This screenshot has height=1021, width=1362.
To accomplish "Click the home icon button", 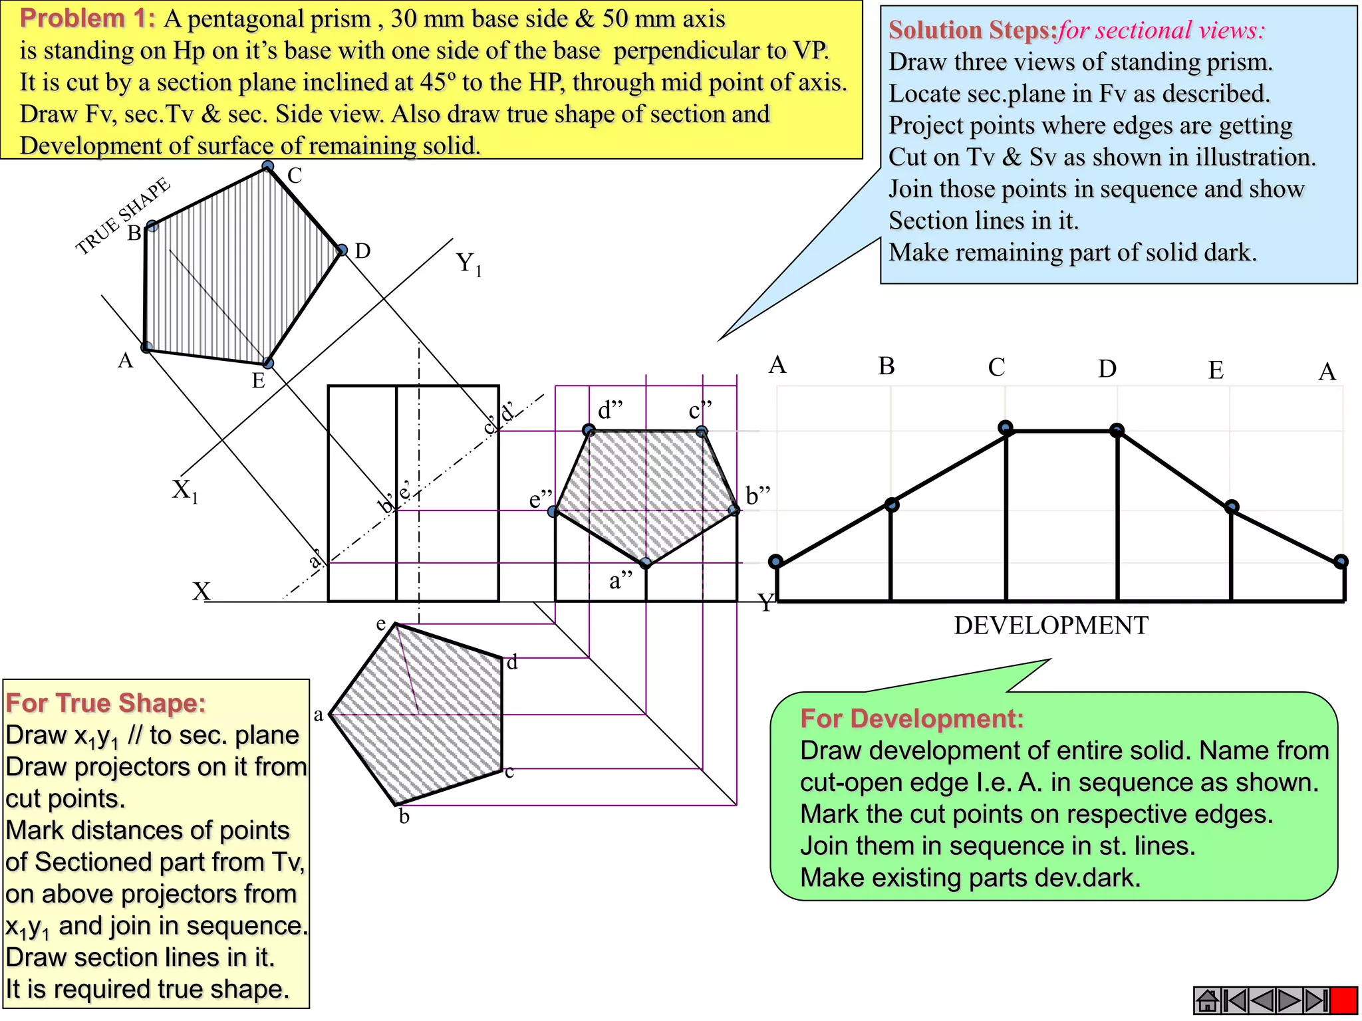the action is tap(1207, 1000).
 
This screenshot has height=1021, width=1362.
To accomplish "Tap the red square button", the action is tap(1344, 1000).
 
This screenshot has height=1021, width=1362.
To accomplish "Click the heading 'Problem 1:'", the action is tap(87, 19).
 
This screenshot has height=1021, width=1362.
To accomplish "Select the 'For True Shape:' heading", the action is tap(106, 703).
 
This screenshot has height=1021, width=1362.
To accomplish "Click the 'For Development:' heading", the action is tap(912, 719).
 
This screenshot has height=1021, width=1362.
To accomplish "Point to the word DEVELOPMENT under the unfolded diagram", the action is tap(1051, 625).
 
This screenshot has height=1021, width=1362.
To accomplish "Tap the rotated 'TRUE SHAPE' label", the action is tap(122, 216).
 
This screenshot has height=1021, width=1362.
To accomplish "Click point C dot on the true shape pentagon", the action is tap(267, 166).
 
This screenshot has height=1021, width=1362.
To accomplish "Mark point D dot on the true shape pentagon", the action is tap(342, 251).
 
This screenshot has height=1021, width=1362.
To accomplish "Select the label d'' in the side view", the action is tap(610, 410).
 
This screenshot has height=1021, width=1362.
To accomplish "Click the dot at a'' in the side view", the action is tap(646, 564).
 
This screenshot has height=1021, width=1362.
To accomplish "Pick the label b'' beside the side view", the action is tap(757, 496).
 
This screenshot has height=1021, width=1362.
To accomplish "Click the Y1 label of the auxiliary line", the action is tap(468, 264).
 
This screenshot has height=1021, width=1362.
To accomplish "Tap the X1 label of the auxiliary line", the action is tap(185, 491).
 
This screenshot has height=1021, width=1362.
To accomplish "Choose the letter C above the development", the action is tap(996, 367).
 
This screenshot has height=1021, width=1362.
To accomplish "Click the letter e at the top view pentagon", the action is tap(381, 624).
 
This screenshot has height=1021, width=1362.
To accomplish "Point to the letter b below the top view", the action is tap(404, 817).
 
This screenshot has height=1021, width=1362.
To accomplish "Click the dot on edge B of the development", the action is tap(892, 505).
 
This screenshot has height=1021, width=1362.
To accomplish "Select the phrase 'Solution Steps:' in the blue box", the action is tap(972, 31).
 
